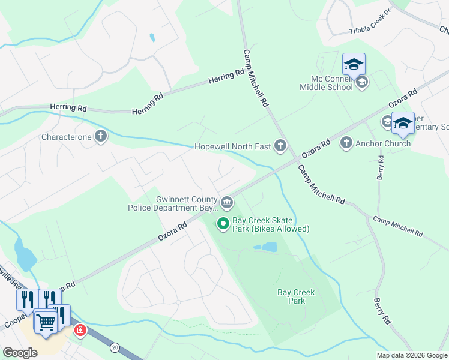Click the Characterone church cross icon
(x=100, y=137)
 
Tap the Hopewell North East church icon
(x=280, y=145)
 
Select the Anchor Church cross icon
(x=346, y=143)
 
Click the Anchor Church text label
(x=383, y=143)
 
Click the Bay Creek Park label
(x=296, y=296)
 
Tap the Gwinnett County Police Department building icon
(x=226, y=203)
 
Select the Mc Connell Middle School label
(x=327, y=83)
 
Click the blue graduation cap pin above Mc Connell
(x=354, y=64)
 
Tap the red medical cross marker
(x=79, y=331)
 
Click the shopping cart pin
(x=46, y=322)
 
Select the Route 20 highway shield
(x=115, y=347)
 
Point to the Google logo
(x=20, y=353)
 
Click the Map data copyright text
(x=412, y=355)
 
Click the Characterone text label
(x=67, y=137)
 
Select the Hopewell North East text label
(x=232, y=146)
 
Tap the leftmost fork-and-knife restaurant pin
(x=27, y=298)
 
